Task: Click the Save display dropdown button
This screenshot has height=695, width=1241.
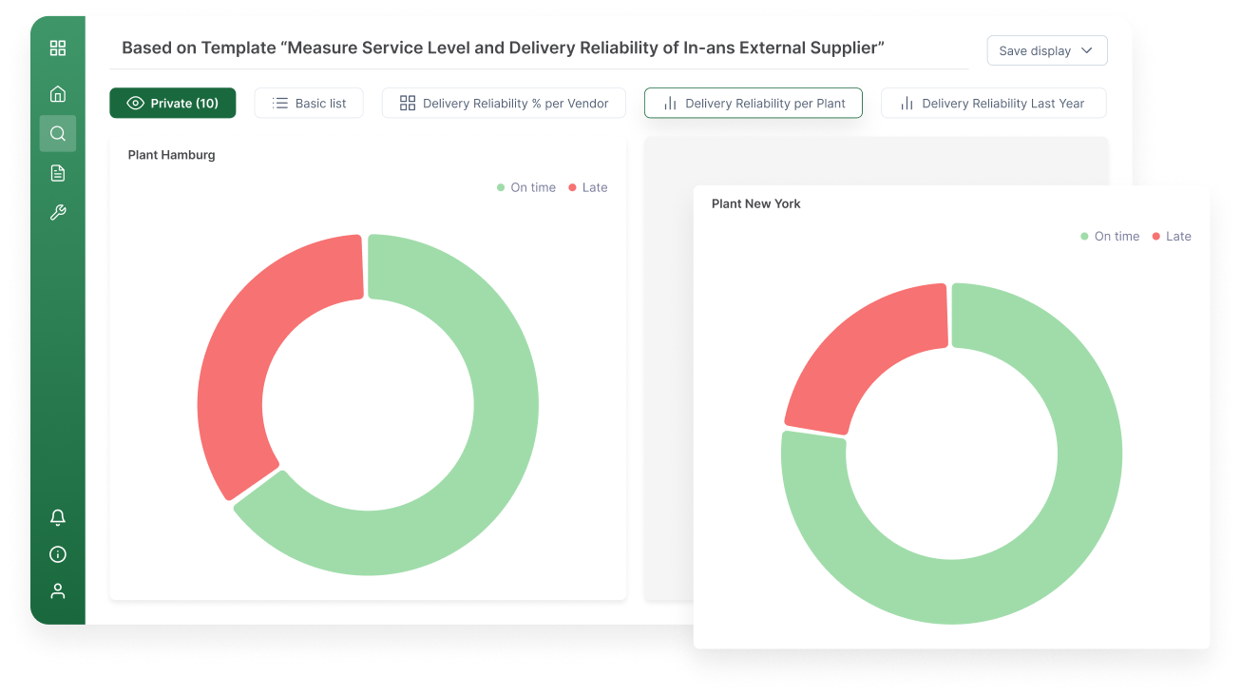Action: [x=1046, y=51]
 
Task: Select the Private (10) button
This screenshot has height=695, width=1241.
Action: [x=173, y=104]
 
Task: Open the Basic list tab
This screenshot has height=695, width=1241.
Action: [x=309, y=104]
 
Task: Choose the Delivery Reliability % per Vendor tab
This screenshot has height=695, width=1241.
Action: [x=504, y=104]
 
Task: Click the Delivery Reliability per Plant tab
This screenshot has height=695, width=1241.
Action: [x=753, y=104]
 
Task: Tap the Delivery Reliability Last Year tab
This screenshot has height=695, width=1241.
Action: [x=993, y=104]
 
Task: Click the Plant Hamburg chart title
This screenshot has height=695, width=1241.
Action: [x=172, y=155]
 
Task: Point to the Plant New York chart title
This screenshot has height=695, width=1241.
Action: [x=756, y=203]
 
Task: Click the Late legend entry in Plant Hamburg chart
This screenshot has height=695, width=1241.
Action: [x=588, y=187]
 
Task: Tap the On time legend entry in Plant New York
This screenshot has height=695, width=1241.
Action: [x=1110, y=236]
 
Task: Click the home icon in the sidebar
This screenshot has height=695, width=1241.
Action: [x=58, y=93]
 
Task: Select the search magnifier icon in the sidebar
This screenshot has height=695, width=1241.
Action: [x=58, y=133]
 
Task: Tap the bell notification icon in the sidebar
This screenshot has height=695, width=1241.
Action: [x=58, y=517]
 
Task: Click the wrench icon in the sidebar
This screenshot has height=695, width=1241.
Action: [x=58, y=213]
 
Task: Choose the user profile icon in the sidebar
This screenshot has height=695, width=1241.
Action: [x=58, y=590]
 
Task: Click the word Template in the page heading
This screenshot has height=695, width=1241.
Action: [x=237, y=48]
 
